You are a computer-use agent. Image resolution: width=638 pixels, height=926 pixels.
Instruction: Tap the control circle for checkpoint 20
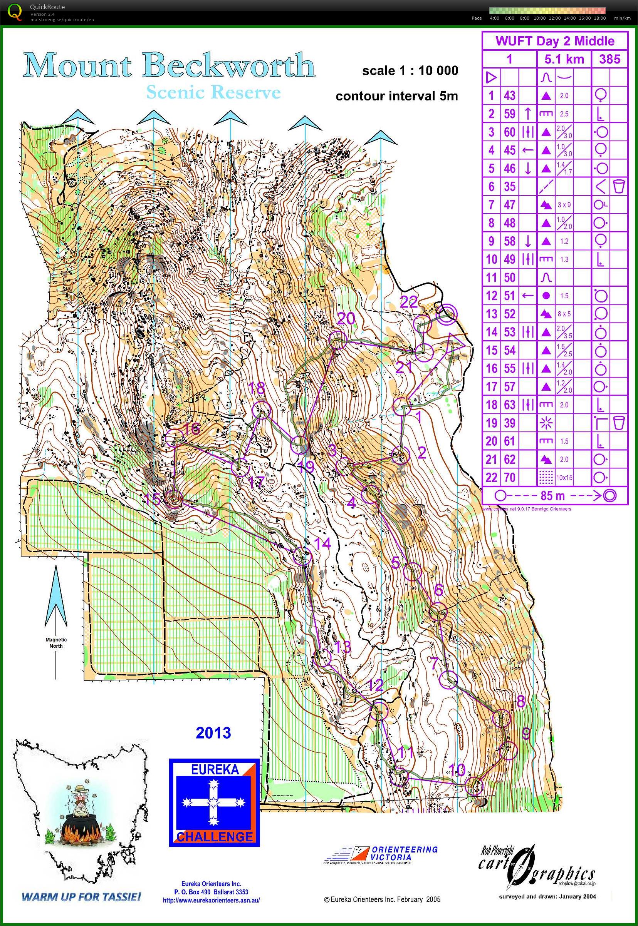click(x=337, y=339)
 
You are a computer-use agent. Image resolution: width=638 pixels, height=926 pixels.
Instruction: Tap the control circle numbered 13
click(x=324, y=657)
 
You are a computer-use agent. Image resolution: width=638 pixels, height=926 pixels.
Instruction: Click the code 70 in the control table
click(x=509, y=477)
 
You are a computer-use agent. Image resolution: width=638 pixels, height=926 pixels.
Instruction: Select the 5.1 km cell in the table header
click(x=564, y=60)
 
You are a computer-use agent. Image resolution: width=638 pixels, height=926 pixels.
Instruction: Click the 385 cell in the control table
click(x=609, y=60)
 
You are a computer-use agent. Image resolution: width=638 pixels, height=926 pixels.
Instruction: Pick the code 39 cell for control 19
click(x=509, y=423)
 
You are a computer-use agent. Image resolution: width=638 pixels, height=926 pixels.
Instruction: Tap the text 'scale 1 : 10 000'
click(x=410, y=71)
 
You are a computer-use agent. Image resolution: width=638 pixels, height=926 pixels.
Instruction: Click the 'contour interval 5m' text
click(x=396, y=96)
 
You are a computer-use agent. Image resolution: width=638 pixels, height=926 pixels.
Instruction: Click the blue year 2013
click(x=213, y=733)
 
